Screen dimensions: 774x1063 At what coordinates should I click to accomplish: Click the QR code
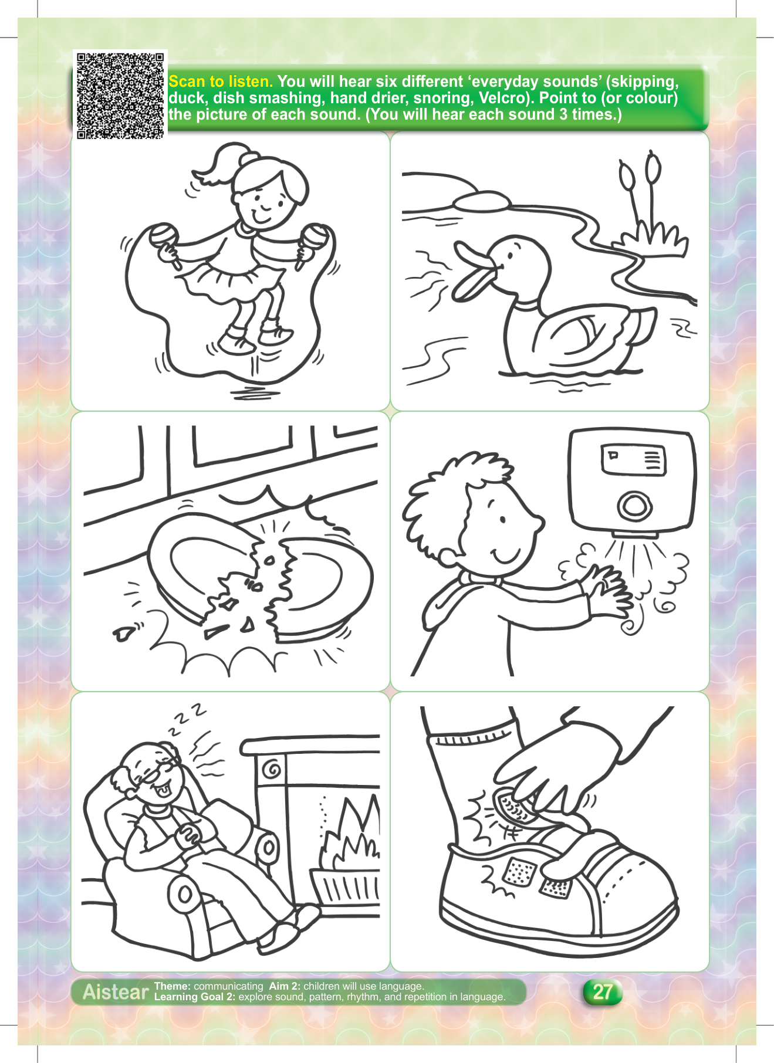120,96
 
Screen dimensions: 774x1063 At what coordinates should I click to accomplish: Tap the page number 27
603,991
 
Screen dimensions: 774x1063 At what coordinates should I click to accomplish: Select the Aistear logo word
116,991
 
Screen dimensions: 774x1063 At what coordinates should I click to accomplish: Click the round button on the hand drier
634,506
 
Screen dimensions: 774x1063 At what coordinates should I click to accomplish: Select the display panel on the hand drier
633,459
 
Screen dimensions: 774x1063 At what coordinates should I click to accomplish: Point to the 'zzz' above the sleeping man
187,719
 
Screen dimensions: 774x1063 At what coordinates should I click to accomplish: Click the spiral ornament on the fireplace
272,769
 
